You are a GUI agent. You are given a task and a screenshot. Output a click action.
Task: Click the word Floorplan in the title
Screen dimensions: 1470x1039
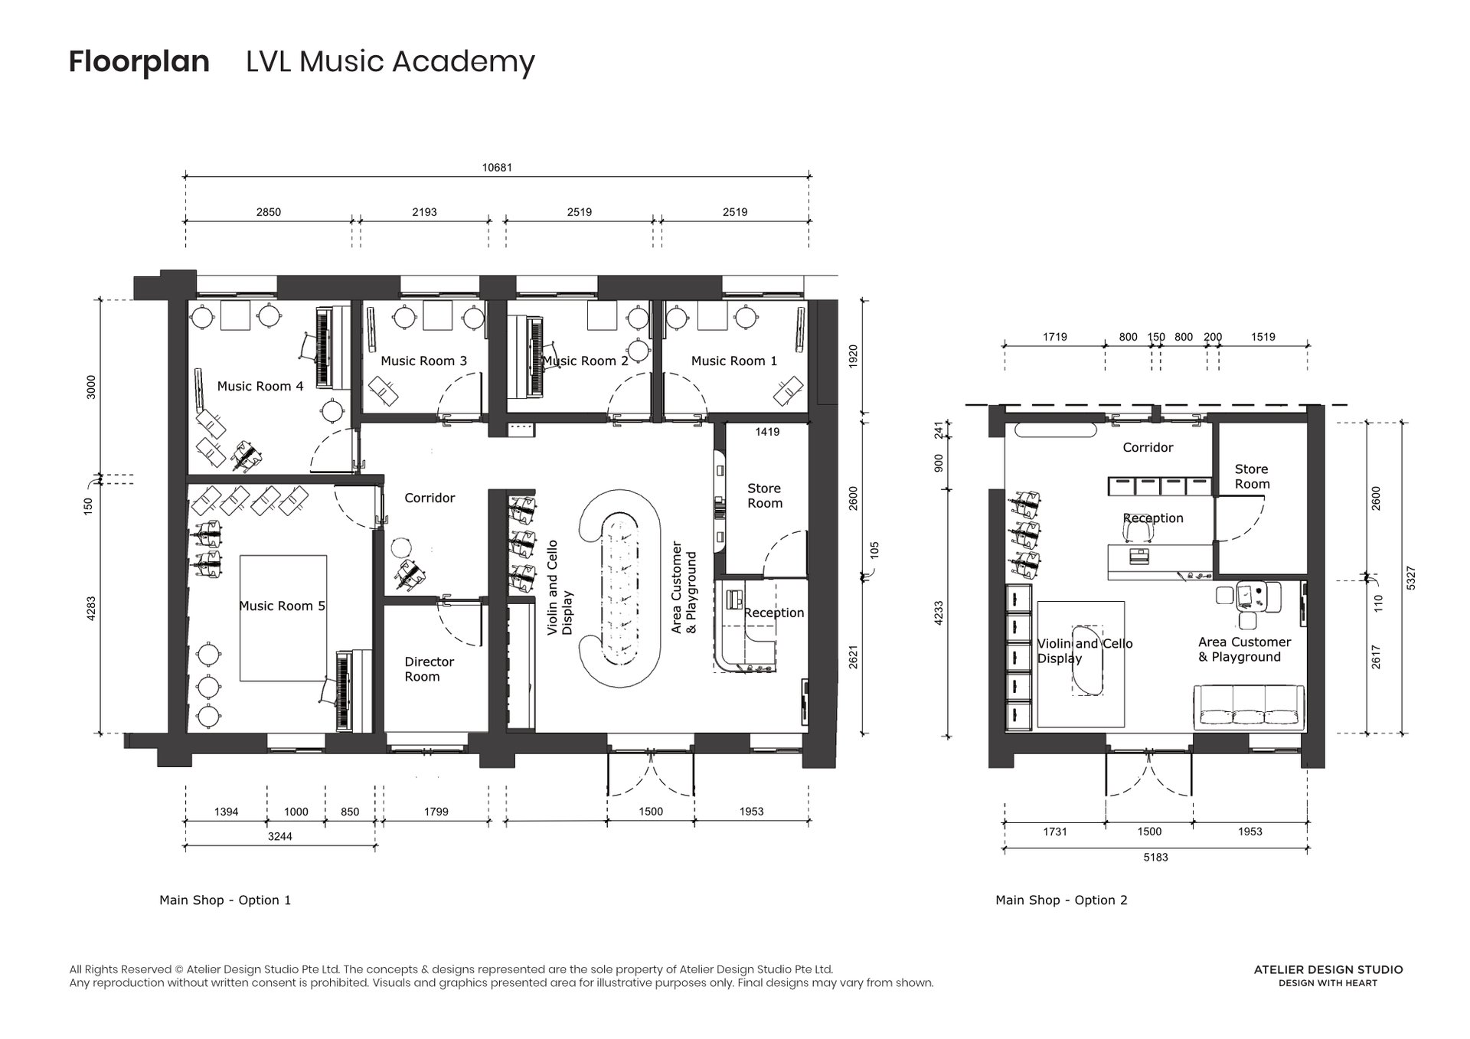point(139,62)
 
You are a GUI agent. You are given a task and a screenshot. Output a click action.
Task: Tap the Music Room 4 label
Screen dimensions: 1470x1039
point(260,387)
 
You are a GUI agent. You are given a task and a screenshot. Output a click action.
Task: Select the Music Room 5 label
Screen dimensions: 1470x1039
point(282,606)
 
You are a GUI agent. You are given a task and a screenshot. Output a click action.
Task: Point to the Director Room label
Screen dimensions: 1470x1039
point(429,669)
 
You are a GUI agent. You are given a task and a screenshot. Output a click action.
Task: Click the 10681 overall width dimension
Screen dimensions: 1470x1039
point(497,168)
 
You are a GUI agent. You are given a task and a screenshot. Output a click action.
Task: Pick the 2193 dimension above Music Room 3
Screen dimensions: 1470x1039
point(424,212)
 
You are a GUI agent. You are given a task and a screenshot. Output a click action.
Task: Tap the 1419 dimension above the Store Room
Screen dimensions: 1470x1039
point(767,433)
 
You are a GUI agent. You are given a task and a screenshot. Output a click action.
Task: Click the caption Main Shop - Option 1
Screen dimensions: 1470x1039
point(225,900)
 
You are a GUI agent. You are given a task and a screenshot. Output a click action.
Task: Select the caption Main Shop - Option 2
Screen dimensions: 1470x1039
point(1061,900)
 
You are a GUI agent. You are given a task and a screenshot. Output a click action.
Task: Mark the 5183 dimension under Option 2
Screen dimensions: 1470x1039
point(1155,858)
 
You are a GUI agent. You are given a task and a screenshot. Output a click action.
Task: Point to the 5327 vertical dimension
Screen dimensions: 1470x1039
point(1411,578)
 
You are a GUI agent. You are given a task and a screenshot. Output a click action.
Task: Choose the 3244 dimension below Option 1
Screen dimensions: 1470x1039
point(279,837)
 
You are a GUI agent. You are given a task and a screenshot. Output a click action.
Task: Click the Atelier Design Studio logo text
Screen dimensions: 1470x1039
point(1328,970)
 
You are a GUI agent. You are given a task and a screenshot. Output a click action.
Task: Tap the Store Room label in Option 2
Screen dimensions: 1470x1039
point(1252,477)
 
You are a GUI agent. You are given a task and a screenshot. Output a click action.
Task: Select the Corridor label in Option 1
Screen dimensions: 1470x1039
point(430,498)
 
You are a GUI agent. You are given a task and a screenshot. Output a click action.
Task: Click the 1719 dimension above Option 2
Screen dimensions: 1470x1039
point(1054,337)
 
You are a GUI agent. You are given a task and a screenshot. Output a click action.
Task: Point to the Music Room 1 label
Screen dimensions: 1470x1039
point(733,361)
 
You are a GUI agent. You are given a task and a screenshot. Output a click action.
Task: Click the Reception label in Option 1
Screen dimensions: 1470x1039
point(774,613)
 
